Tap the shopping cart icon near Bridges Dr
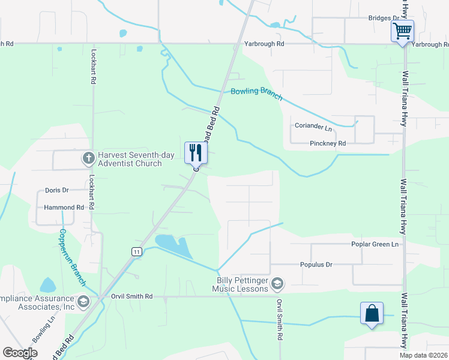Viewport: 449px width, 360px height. (402, 30)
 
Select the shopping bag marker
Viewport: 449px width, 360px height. (372, 313)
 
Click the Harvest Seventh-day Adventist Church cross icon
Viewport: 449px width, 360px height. (88, 158)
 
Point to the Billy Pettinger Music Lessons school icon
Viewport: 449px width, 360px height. (277, 283)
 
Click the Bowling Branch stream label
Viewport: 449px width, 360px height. (256, 93)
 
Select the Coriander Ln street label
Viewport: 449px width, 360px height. (313, 127)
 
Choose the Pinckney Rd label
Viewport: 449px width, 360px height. (328, 143)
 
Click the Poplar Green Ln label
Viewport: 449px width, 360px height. (375, 244)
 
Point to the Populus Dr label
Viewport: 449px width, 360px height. (316, 264)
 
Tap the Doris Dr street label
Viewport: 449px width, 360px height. (57, 190)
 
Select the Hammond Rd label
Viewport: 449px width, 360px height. (63, 207)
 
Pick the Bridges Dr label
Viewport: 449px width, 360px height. (384, 19)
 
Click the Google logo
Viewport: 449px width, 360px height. (20, 353)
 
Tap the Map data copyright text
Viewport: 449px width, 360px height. (423, 355)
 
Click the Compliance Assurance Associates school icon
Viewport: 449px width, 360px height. (83, 301)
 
